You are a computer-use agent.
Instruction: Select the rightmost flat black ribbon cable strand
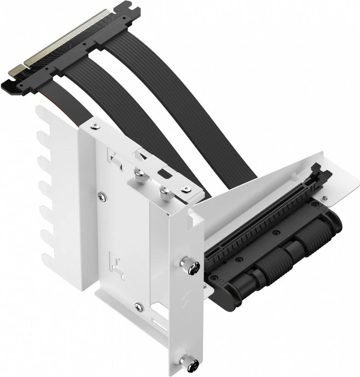click(152, 92)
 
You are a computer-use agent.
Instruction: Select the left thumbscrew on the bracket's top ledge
click(138, 173)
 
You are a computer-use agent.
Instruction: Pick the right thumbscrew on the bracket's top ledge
click(164, 193)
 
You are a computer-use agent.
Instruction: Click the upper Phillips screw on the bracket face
click(101, 197)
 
